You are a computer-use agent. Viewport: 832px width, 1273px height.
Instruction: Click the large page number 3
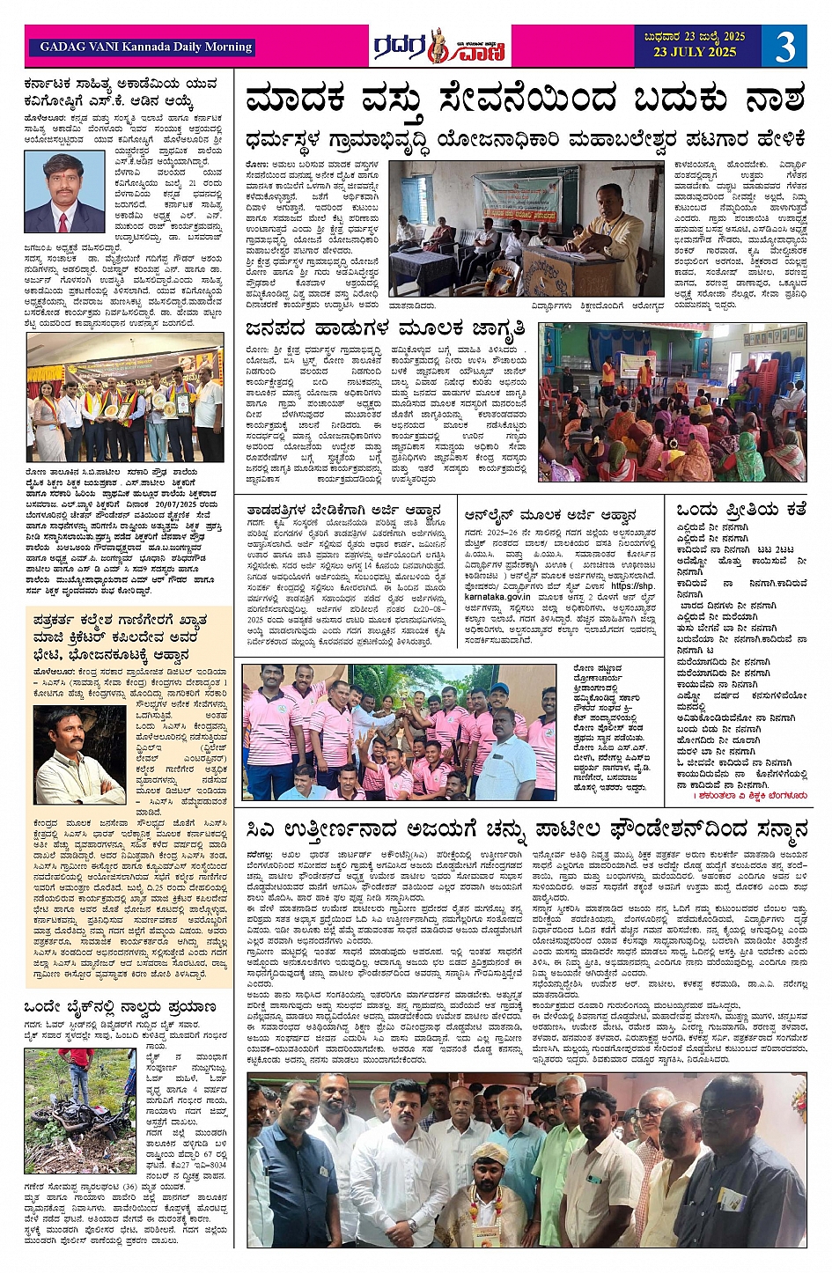[x=784, y=47]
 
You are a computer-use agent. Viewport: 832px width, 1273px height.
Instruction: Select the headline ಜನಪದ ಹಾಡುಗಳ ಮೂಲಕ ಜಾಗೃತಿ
[x=386, y=329]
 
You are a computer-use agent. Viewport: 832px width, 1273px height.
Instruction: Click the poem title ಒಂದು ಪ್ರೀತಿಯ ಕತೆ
[x=740, y=510]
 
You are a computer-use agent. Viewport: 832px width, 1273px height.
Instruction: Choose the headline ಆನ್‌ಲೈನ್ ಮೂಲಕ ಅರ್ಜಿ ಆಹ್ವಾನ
[x=549, y=515]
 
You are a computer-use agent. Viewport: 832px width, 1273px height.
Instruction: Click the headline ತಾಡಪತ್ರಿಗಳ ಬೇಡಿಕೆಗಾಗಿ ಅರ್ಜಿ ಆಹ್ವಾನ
[x=344, y=511]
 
